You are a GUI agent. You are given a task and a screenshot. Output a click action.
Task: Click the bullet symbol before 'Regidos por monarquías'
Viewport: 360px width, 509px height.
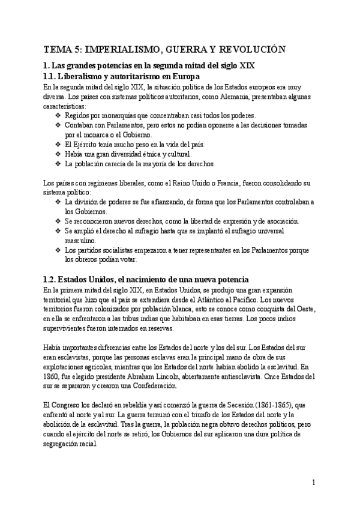pos(58,115)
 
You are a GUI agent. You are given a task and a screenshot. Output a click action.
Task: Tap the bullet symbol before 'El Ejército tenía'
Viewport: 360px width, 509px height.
pos(58,144)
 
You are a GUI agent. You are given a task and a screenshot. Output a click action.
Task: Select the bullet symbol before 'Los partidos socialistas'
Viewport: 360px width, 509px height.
pos(58,250)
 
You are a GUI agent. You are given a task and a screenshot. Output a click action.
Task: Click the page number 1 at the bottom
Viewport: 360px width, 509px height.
pos(314,483)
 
